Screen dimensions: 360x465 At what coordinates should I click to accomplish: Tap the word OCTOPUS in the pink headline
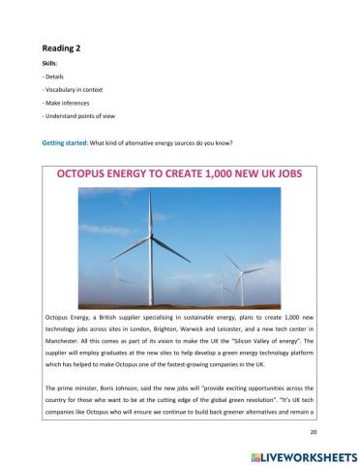[x=98, y=175]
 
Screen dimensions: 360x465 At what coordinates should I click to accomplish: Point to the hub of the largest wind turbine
[x=150, y=232]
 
